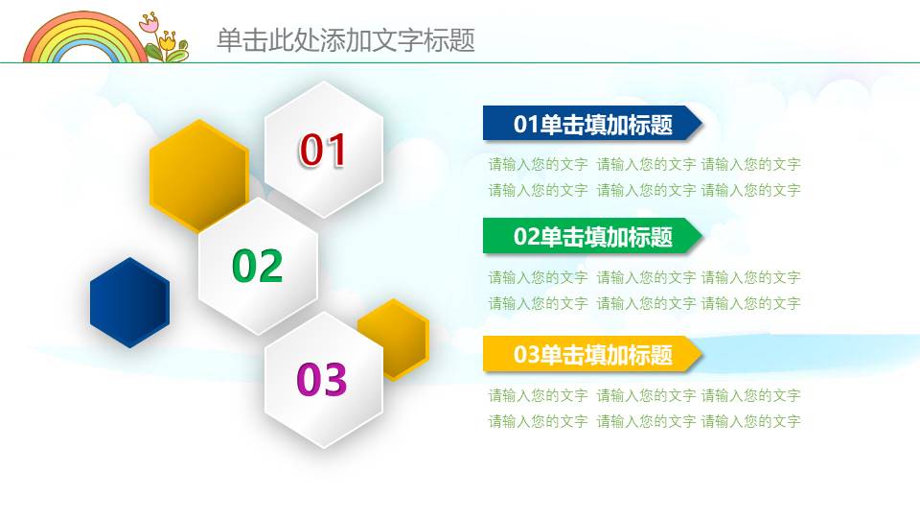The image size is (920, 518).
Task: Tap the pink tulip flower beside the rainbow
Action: click(149, 24)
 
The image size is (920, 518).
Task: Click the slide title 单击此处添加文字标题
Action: click(345, 40)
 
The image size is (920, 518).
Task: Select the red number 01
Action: click(323, 151)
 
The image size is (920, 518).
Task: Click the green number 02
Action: click(258, 266)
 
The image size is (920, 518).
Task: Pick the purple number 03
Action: click(322, 380)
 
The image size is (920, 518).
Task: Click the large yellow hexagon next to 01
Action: click(196, 175)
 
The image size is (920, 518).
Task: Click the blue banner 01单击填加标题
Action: click(589, 124)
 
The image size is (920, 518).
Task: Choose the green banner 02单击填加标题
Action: click(589, 236)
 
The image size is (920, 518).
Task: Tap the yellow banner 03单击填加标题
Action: click(589, 354)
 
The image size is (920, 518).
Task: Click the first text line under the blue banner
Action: click(644, 164)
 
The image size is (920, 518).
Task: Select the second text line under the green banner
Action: click(644, 303)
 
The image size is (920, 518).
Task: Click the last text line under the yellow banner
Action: click(644, 421)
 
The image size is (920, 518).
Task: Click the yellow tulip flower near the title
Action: click(169, 40)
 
